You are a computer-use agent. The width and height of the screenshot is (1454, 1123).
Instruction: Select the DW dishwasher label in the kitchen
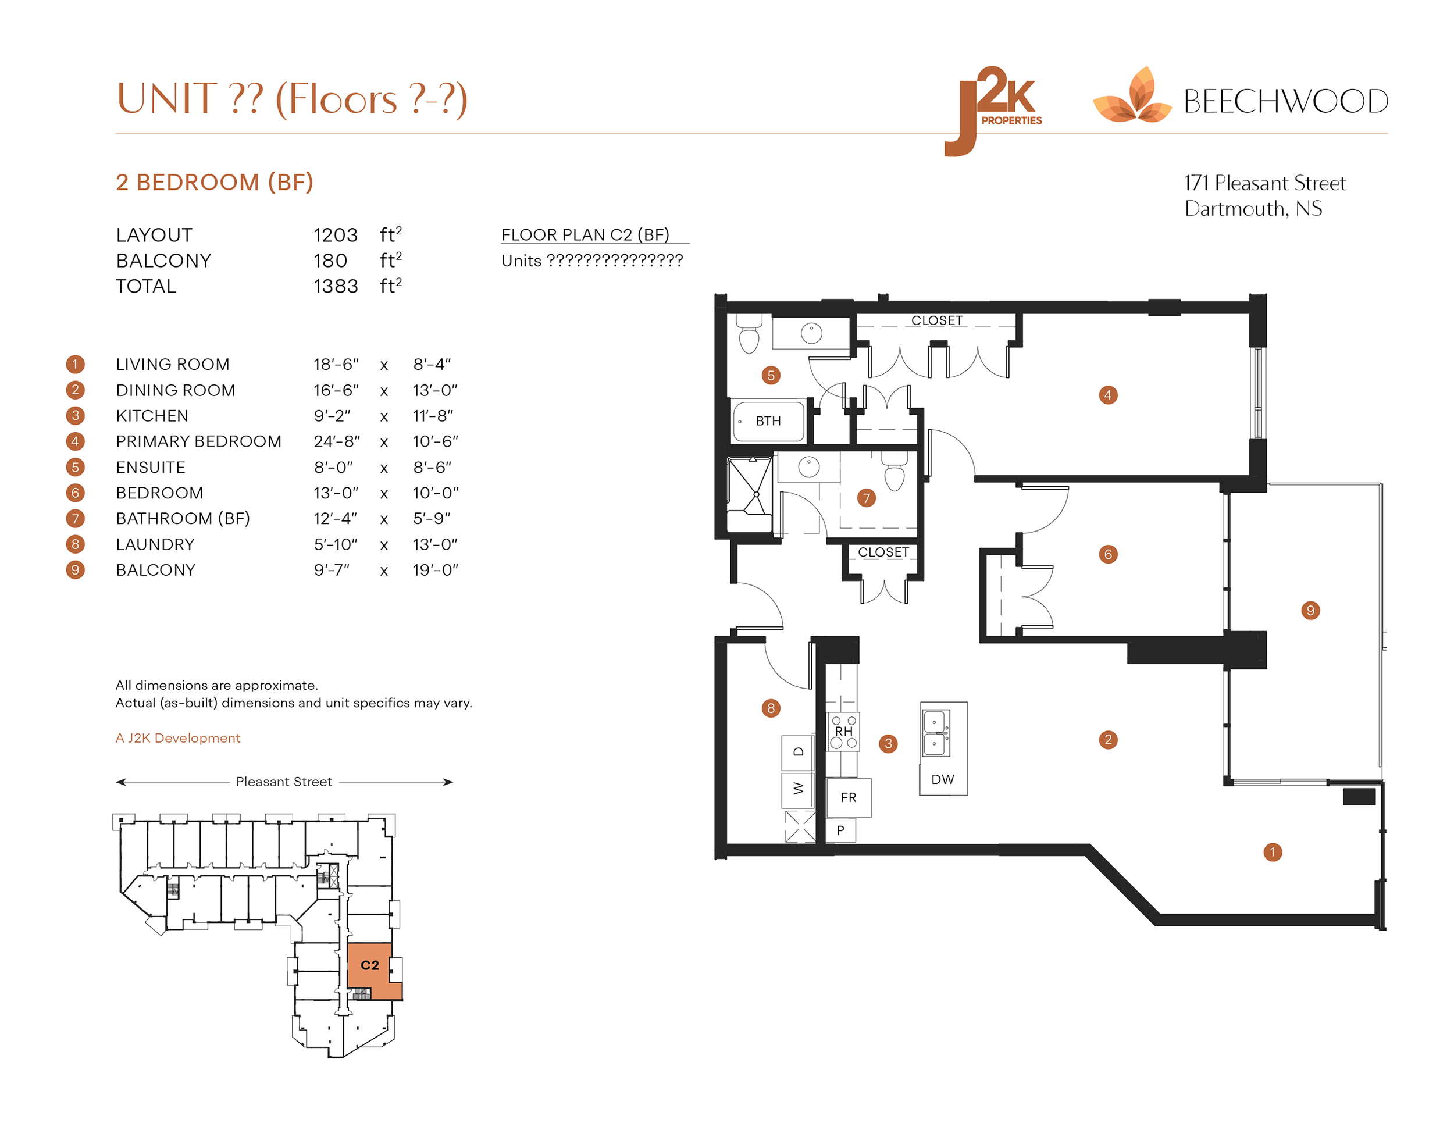tap(942, 779)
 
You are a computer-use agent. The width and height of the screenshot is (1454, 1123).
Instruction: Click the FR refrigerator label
tap(847, 797)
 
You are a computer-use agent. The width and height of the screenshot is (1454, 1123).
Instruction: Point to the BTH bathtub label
tap(768, 420)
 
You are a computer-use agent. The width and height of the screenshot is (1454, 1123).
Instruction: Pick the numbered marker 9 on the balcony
tap(1310, 611)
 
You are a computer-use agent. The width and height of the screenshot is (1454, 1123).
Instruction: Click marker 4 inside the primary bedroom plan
tap(1107, 395)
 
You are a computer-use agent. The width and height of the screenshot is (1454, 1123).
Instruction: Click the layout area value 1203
tap(336, 235)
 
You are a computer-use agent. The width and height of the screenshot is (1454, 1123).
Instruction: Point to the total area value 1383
tap(336, 286)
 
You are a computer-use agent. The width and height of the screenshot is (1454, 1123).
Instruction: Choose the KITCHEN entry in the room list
tap(152, 416)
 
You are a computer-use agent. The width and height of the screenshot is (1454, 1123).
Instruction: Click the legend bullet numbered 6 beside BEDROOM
tap(75, 493)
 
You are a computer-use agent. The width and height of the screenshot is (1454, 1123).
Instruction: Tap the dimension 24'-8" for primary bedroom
tap(337, 441)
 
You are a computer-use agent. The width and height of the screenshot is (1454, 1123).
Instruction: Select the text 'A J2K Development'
tap(178, 737)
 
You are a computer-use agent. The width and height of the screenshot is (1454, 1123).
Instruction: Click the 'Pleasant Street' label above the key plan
tap(284, 782)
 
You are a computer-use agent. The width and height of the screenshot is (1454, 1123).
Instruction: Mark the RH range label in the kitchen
tap(843, 731)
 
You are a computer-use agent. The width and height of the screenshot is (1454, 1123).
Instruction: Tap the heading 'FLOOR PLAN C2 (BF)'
tap(585, 235)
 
